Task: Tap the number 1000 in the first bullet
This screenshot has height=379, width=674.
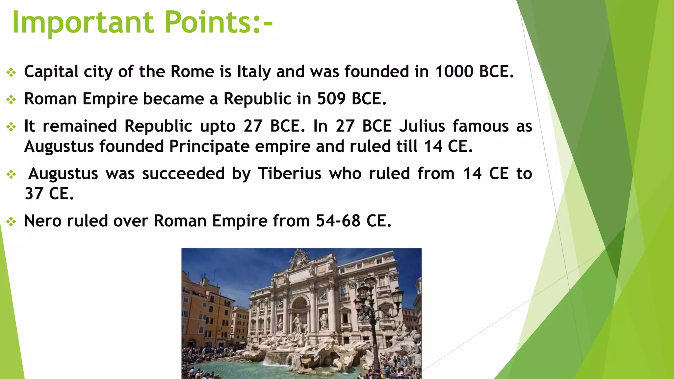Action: point(454,71)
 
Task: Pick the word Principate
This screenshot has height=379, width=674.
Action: point(209,146)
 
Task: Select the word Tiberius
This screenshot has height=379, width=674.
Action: point(290,173)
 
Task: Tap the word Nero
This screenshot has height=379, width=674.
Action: point(43,221)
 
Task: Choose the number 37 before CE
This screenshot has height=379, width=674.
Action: point(34,193)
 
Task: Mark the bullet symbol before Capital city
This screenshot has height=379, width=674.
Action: point(11,72)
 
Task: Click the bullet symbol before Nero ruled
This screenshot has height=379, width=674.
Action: point(11,222)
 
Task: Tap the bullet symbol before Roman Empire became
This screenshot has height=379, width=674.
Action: point(11,100)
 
